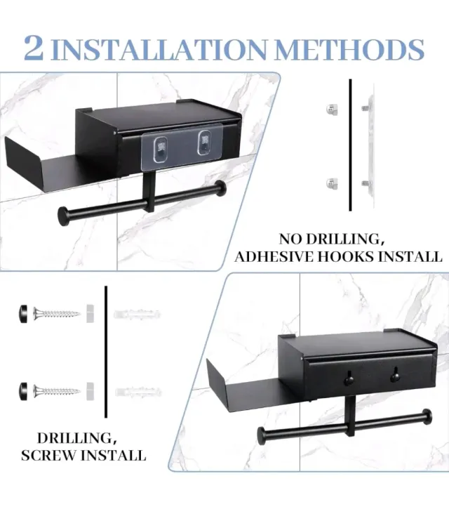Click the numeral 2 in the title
[34, 48]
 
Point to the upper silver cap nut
[332, 110]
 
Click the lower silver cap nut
[332, 184]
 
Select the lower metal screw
[57, 390]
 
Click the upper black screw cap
[24, 314]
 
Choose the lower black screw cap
[24, 390]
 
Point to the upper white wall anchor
[138, 314]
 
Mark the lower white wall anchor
[138, 392]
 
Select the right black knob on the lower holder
[395, 375]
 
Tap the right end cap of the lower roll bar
[427, 416]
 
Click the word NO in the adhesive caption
[290, 239]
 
